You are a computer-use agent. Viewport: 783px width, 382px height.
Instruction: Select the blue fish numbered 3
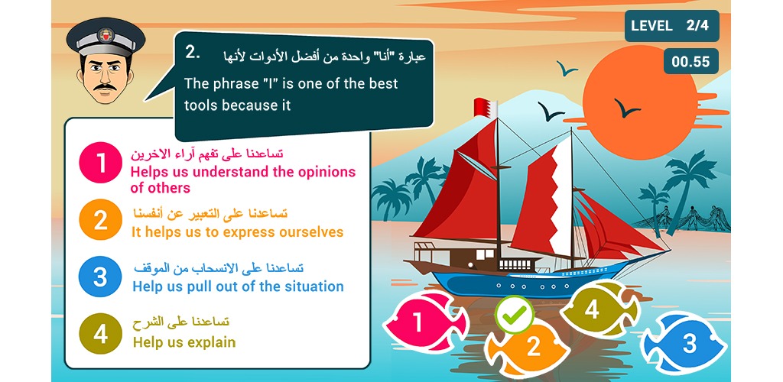(x=684, y=342)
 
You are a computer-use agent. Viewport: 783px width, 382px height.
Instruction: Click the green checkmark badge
(x=515, y=315)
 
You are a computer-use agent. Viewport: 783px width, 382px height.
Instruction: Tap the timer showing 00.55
(x=690, y=61)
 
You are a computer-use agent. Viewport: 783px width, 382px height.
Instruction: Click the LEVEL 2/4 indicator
(x=671, y=26)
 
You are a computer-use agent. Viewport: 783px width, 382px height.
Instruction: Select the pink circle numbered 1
(x=100, y=163)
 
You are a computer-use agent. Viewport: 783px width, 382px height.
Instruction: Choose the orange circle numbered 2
(x=100, y=219)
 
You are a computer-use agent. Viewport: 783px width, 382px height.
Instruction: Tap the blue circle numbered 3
(x=100, y=277)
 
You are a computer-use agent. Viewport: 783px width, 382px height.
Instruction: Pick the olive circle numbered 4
(x=100, y=334)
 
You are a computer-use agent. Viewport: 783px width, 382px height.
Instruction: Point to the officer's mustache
(x=106, y=87)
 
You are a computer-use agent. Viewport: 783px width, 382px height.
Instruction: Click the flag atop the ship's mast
(x=485, y=108)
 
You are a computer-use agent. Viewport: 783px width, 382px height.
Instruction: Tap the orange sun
(x=640, y=102)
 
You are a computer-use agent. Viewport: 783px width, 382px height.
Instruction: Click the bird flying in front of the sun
(x=627, y=108)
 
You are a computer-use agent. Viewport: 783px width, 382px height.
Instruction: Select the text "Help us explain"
(x=184, y=342)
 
